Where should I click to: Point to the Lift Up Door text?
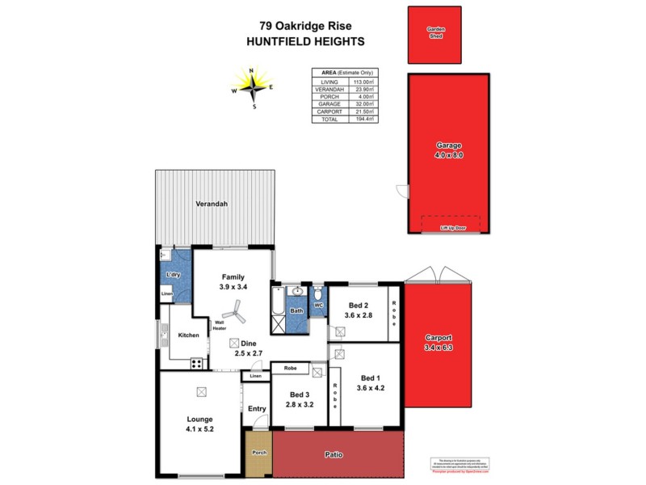[x=452, y=229]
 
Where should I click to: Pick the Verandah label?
[x=212, y=205]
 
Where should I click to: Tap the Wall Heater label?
[x=218, y=325]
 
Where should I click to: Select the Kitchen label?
[x=188, y=335]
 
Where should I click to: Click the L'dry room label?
[x=172, y=276]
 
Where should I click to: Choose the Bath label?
[x=296, y=310]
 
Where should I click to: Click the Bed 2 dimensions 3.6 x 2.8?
[x=357, y=315]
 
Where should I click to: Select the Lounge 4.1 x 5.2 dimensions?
[x=199, y=429]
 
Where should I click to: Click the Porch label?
[x=259, y=453]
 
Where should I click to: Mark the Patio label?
[x=333, y=455]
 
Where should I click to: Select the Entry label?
[x=257, y=409]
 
